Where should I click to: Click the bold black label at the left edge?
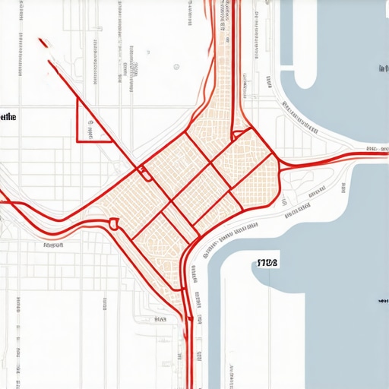coord(8,118)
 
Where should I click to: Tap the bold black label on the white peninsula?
coord(268,263)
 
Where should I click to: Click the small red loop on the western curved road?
coord(114,223)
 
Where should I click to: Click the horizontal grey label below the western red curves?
coord(53,245)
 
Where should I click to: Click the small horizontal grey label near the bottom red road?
coord(161,319)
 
